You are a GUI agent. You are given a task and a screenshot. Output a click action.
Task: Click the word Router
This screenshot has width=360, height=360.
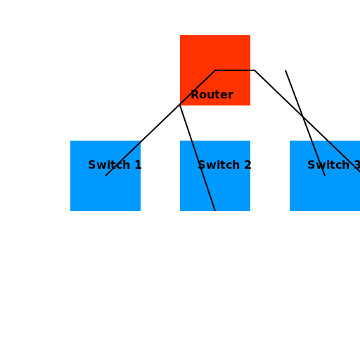coord(212,95)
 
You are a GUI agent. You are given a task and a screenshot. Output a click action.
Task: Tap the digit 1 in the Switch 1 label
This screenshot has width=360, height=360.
coord(137,165)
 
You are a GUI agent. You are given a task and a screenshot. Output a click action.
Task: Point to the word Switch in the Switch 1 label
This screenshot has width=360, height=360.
coord(108,165)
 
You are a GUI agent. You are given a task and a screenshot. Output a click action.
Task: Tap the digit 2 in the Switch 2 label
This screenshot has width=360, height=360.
coord(247,165)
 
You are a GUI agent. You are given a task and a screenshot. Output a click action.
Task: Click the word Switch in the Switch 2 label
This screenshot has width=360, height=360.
coord(219,165)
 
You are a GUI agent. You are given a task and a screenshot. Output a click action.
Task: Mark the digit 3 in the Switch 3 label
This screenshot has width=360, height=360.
coord(356,165)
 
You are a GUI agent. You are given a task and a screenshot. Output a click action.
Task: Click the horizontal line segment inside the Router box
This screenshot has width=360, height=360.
coord(233,70)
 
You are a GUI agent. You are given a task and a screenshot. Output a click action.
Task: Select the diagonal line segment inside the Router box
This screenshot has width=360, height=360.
coord(198,87)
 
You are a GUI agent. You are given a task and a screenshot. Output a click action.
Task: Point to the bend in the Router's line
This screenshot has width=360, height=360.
coord(215,70)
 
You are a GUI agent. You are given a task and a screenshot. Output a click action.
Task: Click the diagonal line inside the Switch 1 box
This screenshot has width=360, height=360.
coord(123,158)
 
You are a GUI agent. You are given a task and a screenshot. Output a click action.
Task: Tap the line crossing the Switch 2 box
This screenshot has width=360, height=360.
coord(203,176)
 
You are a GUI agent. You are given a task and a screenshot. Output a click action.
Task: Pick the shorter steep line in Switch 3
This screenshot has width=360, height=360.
coord(318,157)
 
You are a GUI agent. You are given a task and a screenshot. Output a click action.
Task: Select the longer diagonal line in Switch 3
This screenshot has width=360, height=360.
coord(343,155)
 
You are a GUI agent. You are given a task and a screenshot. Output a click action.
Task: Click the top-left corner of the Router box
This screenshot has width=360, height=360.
coord(181,36)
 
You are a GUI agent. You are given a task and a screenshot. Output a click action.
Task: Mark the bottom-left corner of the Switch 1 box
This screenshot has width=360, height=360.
coord(71,210)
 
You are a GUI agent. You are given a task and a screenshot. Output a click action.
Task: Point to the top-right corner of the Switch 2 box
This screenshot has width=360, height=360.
coord(249,141)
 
